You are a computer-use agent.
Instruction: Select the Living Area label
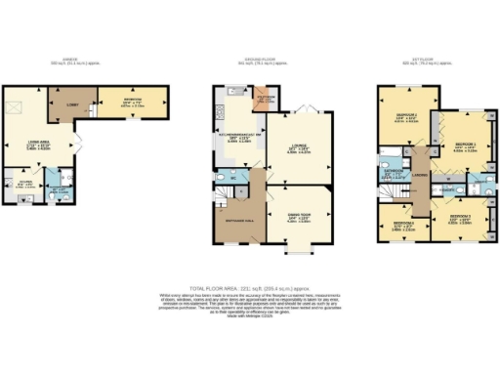[x=38, y=142]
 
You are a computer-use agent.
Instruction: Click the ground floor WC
[x=235, y=178]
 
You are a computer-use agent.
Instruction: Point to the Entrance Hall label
[x=239, y=221]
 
